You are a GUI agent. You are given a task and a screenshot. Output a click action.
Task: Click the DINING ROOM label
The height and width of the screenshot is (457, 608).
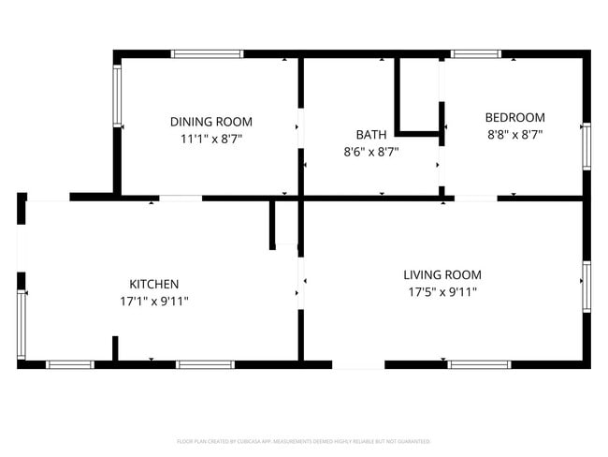[x=210, y=122]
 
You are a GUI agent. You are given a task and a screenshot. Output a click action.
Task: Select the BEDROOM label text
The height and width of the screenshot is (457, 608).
[x=514, y=118]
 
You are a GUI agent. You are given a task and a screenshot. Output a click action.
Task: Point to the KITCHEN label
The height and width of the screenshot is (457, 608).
[x=153, y=284]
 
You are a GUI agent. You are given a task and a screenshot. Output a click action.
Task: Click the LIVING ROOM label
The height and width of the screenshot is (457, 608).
[x=442, y=274]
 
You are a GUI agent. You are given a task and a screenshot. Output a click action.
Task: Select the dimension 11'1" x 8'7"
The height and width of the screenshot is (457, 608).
[x=210, y=139]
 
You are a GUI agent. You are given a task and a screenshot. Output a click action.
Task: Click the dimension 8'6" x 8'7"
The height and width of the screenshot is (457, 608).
[x=370, y=151]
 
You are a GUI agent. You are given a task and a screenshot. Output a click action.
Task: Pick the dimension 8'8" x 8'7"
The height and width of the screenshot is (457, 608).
[x=514, y=134]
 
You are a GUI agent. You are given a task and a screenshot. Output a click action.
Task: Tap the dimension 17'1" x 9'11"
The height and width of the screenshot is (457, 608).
[x=153, y=301]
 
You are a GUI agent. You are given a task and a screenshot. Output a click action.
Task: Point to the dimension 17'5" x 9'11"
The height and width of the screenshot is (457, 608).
[x=442, y=291]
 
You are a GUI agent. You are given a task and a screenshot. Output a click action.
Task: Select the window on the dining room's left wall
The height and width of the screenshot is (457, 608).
[x=117, y=96]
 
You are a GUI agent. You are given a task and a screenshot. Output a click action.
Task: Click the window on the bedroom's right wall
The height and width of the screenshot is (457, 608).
[x=586, y=146]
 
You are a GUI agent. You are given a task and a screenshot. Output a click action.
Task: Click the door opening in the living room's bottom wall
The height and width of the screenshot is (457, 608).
[x=358, y=364]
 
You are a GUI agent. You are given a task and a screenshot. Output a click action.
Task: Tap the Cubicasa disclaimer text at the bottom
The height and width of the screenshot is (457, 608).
[x=303, y=441]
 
